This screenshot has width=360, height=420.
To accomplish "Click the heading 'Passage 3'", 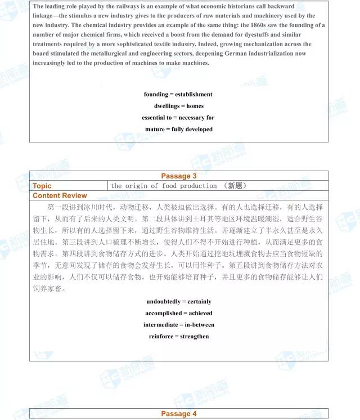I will tap(179, 176).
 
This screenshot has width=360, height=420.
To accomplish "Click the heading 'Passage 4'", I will tap(179, 414).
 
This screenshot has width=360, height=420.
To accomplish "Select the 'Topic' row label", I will tap(42, 186).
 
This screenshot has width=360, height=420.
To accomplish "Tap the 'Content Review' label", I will tap(60, 195).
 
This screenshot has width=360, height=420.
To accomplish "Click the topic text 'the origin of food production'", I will tap(164, 186).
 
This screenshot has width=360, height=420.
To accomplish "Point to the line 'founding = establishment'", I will tap(178, 94).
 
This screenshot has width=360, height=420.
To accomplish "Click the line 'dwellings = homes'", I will tap(179, 106).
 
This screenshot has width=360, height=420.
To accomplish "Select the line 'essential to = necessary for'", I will tap(178, 118).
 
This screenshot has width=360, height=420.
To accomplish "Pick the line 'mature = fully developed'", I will tap(179, 129).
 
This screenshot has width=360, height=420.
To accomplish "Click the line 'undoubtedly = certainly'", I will tap(179, 301).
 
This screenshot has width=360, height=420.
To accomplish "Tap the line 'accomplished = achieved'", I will tap(179, 313).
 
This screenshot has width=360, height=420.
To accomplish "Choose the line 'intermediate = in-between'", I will tap(179, 325).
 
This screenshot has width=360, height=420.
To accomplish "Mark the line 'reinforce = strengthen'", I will tap(179, 336).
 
